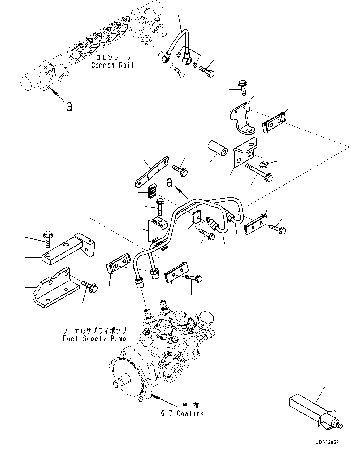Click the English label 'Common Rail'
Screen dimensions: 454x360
(x=113, y=65)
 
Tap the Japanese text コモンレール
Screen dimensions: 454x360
(x=113, y=58)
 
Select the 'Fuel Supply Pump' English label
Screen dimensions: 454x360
(x=94, y=338)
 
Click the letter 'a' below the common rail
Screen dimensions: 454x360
(x=69, y=106)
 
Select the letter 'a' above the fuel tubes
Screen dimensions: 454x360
(x=169, y=183)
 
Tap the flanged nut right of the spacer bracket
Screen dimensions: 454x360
(x=265, y=164)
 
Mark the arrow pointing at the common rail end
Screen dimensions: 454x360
(x=58, y=95)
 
